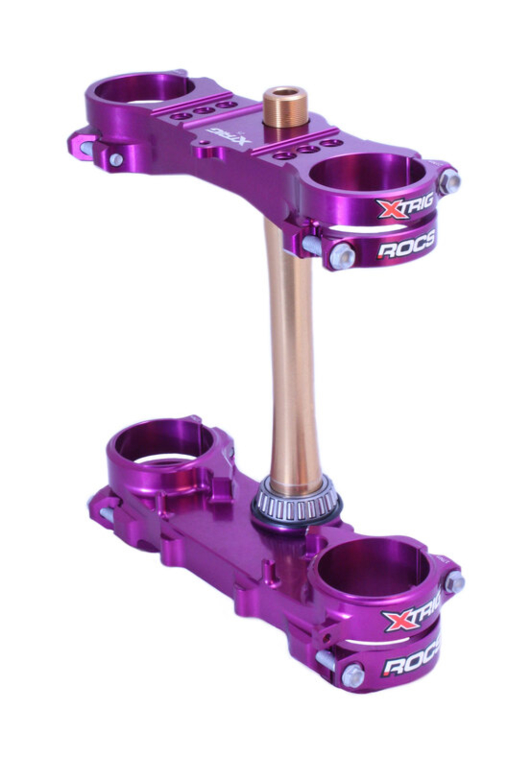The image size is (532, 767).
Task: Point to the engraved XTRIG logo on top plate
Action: coord(229,135)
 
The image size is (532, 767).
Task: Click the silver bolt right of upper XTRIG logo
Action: coord(449,181)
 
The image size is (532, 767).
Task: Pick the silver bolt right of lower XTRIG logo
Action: coord(454,582)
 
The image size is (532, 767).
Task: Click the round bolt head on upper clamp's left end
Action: coord(116,159)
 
